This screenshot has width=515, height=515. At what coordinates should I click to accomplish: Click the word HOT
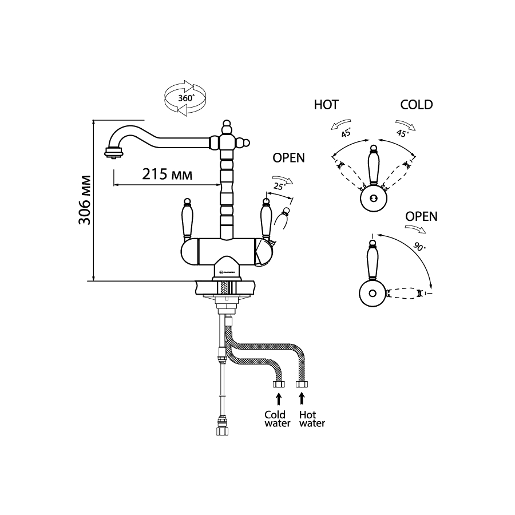tap(326, 105)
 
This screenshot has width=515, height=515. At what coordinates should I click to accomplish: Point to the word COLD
tap(417, 105)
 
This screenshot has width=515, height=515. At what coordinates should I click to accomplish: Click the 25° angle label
tap(280, 185)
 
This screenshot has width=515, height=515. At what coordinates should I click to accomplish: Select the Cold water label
tap(275, 419)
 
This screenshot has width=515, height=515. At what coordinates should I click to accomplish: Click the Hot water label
tap(312, 419)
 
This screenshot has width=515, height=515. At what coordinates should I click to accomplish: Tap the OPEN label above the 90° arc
tap(421, 216)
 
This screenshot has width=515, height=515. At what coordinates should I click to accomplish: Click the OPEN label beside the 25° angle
tap(288, 157)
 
